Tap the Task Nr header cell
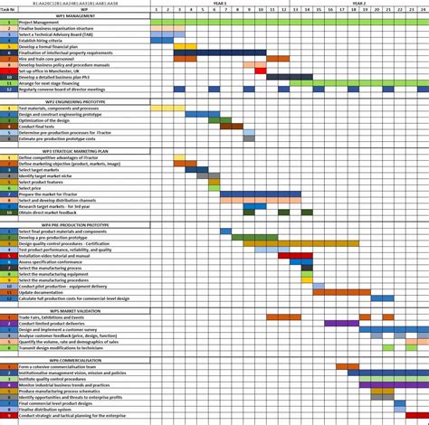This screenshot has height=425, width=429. coord(8,9)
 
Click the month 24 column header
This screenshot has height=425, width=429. coord(423,9)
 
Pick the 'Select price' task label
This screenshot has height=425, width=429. coord(31,188)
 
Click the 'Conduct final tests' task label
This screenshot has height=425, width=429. coord(37,126)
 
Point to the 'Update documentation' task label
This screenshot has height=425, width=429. coord(40,292)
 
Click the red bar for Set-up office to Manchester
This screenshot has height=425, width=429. coord(261,71)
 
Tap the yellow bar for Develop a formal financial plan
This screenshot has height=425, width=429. coord(185,46)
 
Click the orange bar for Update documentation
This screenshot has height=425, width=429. coord(341,292)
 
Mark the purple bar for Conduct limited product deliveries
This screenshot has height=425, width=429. coord(341,323)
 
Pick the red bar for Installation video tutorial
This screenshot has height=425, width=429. coord(295,256)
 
